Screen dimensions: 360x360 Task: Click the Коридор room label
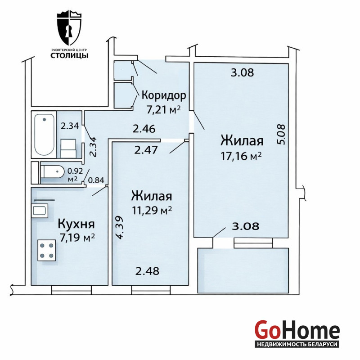164,95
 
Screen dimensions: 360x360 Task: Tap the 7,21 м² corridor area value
163,110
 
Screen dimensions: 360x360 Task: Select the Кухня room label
76,224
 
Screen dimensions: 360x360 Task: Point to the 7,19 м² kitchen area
77,238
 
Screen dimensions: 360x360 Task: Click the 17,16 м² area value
241,156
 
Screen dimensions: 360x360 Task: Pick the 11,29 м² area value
152,210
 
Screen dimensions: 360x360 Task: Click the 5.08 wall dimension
281,134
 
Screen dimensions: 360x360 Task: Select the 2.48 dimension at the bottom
147,271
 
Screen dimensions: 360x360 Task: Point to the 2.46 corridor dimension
144,129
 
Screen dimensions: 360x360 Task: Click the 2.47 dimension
146,150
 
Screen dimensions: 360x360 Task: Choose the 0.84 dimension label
96,180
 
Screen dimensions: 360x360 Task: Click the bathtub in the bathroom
44,135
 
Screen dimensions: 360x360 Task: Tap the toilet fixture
52,171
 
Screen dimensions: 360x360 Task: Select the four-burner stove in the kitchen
47,250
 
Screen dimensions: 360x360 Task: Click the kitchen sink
40,211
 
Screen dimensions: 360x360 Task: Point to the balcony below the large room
243,270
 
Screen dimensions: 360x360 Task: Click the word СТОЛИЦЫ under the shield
69,55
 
